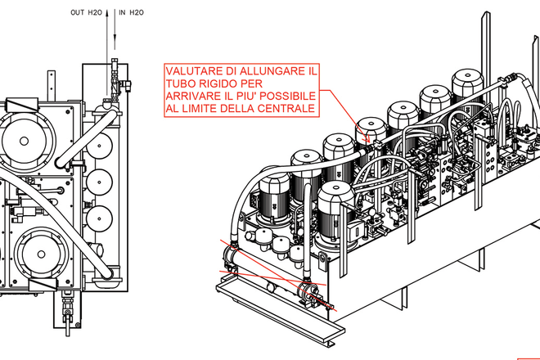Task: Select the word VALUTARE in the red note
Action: (x=196, y=71)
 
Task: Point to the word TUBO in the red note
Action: (x=181, y=83)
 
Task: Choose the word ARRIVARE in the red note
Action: (x=195, y=96)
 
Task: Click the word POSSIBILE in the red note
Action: (x=285, y=96)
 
